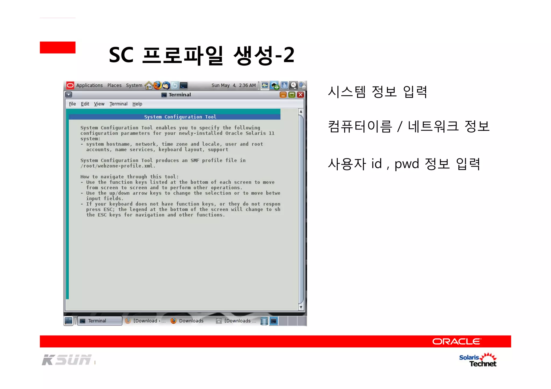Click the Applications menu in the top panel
coord(89,85)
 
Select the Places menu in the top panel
coord(114,85)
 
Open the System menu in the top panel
coord(134,85)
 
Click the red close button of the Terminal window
coord(301,95)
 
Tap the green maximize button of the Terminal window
coord(292,95)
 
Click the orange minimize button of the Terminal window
coord(283,95)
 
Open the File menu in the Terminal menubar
coord(72,104)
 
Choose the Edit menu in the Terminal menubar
coord(85,104)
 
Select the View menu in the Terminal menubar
coord(99,104)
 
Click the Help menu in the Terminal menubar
coord(137,104)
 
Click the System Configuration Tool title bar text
coord(180,117)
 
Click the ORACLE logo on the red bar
coord(456,341)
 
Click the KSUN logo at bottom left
coord(67,360)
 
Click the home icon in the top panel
coord(149,85)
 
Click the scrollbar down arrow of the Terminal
coord(301,307)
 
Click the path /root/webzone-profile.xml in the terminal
coord(118,166)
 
